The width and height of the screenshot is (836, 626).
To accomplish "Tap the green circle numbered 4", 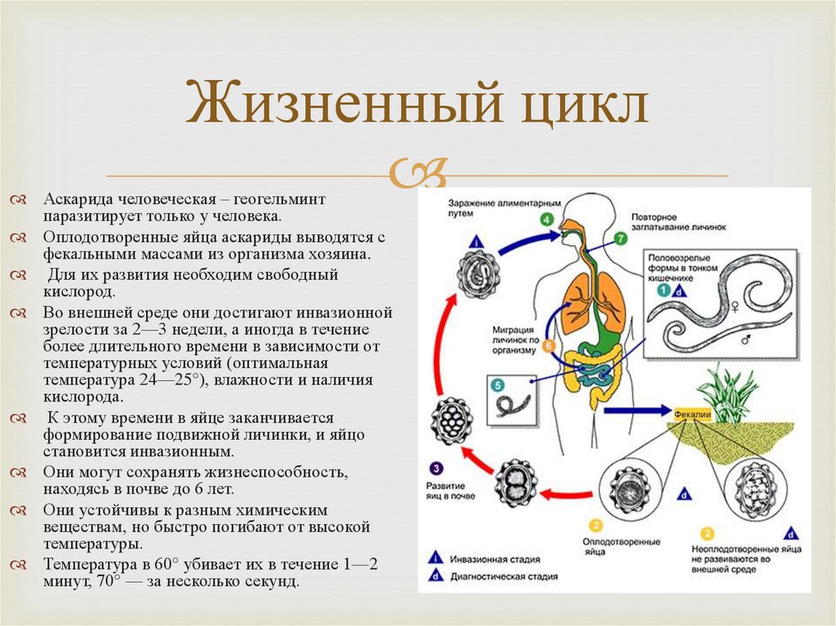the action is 546,220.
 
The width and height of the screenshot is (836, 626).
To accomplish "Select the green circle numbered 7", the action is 620,239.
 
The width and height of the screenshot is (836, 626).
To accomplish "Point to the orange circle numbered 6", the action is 549,345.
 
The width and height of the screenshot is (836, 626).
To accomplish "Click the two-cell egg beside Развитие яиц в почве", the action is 516,482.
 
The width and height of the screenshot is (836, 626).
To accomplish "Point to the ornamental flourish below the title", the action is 417,172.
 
